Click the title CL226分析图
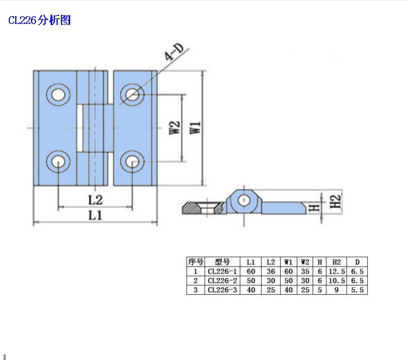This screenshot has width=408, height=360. (39, 21)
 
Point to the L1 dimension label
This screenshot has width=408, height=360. (96, 215)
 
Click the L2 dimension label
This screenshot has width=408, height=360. (95, 200)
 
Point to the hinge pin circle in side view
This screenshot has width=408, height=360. (244, 200)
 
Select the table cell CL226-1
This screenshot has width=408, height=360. (222, 271)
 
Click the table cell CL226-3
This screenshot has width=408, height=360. (222, 290)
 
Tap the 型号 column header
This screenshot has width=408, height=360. (222, 261)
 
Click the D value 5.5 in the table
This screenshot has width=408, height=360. (357, 290)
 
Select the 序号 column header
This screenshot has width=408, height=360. (195, 261)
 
